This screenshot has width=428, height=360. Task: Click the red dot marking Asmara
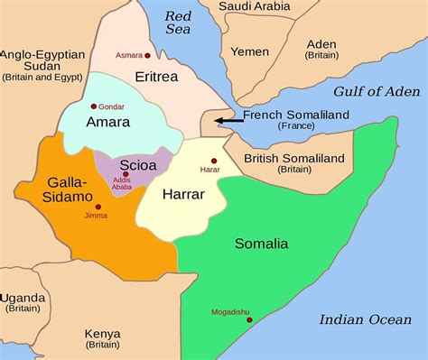(x=147, y=55)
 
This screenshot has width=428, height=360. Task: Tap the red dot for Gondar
(x=93, y=106)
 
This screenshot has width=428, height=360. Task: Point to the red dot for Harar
(x=213, y=161)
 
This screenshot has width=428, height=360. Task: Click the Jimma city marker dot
(x=98, y=207)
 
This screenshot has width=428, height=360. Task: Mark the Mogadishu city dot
(x=248, y=321)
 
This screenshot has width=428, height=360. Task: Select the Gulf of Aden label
(x=377, y=91)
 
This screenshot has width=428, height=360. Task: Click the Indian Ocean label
(x=364, y=319)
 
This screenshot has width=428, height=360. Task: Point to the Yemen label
(x=250, y=52)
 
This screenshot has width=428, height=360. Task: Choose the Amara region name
(x=107, y=122)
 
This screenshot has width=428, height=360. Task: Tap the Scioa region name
(x=138, y=165)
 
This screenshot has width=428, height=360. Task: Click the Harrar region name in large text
(x=183, y=194)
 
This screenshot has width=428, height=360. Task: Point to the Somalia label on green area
(x=261, y=244)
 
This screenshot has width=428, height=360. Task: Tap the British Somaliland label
(x=294, y=158)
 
